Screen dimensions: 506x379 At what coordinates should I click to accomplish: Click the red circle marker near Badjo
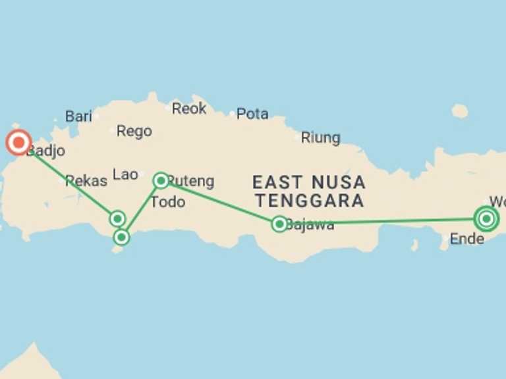(x=18, y=143)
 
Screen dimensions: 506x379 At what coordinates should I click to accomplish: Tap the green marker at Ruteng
(x=161, y=180)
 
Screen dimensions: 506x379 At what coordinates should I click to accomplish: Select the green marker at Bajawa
(x=279, y=224)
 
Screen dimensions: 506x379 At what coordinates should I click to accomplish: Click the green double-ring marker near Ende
(x=486, y=219)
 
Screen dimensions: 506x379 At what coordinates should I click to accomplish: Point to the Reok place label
(x=189, y=109)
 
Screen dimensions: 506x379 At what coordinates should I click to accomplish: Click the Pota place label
(x=252, y=114)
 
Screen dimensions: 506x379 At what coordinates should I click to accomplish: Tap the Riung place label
(x=320, y=138)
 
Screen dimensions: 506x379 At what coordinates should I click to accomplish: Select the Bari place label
(x=78, y=116)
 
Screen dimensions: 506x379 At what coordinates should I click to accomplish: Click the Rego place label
(x=134, y=131)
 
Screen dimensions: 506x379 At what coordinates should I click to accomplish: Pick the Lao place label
(x=125, y=174)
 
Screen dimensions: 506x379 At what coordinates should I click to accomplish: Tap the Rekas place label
(x=86, y=180)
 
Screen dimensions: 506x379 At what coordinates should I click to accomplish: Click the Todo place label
(x=167, y=202)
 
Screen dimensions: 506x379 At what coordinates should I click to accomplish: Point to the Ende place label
(x=466, y=239)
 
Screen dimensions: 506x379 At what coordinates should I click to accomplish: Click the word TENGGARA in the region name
(x=310, y=200)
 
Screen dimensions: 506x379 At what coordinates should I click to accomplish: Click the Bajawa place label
(x=310, y=225)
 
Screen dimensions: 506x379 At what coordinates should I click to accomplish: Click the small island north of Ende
(x=460, y=111)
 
